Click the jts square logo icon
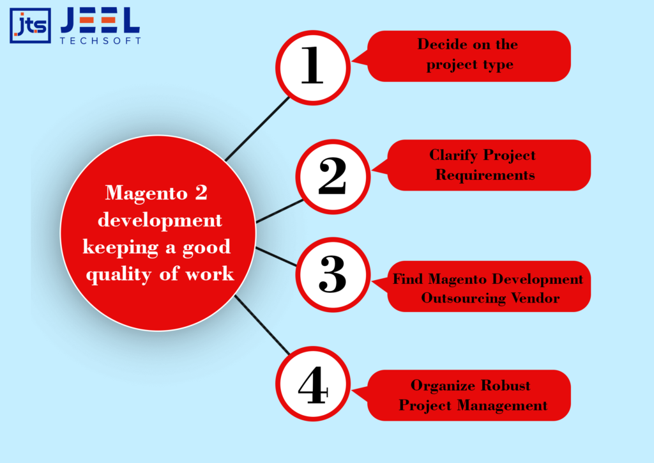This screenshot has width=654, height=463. click(30, 26)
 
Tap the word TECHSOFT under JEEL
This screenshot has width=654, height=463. click(100, 40)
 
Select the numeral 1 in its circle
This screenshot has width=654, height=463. click(312, 67)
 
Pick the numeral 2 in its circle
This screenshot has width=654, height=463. click(332, 176)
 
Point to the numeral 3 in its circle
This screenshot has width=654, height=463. click(332, 274)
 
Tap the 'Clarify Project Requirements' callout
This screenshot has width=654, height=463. click(489, 165)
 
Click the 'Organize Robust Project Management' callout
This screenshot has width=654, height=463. click(469, 395)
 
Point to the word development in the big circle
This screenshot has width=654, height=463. click(158, 220)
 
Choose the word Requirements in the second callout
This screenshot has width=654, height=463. click(485, 175)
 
